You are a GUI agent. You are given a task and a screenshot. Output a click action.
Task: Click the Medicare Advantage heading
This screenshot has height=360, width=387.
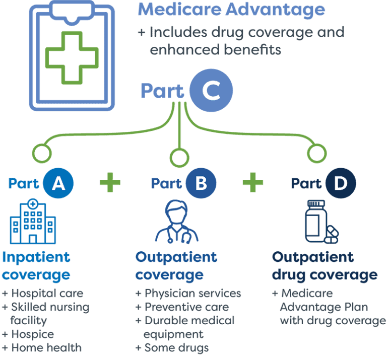point(231,10)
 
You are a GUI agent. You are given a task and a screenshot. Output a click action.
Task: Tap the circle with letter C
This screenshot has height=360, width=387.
point(211,91)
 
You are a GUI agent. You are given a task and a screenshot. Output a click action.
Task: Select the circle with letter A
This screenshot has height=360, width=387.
point(58,183)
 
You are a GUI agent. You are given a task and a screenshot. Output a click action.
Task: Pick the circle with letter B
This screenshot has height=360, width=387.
point(201,183)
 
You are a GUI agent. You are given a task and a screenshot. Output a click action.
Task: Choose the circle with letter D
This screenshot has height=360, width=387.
point(341,183)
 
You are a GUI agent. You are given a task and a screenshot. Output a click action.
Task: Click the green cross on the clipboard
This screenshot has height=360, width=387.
point(71,57)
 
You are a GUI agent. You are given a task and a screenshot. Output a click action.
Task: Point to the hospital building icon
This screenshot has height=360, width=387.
point(33,222)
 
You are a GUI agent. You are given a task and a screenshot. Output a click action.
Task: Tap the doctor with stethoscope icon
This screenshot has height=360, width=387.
point(176,222)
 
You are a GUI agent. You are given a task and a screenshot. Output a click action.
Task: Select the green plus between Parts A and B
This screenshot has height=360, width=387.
point(110,182)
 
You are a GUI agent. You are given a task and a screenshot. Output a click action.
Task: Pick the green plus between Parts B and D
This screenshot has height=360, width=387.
point(253,182)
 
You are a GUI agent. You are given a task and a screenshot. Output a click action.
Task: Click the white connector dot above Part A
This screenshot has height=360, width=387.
point(41,153)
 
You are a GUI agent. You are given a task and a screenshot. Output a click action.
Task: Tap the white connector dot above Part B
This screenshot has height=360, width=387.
point(179,158)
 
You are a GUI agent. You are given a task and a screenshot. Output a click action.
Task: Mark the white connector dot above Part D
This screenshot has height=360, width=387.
point(316,153)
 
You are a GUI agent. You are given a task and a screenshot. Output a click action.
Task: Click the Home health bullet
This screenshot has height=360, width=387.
point(45,347)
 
